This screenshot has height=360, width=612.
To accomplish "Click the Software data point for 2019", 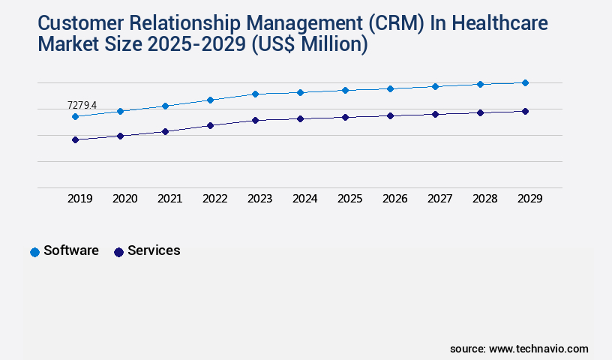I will (75, 116).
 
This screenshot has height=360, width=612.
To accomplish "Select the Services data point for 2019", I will (75, 139).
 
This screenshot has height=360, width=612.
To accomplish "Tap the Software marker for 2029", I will (525, 82).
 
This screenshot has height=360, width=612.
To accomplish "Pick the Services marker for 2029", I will (525, 111).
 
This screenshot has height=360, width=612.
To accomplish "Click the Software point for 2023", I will (255, 94).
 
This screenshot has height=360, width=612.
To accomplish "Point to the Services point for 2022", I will (210, 125).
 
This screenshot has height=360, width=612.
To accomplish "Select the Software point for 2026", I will (390, 88).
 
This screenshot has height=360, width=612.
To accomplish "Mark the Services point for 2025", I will (345, 117).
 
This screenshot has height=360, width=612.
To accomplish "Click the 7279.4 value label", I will (82, 105).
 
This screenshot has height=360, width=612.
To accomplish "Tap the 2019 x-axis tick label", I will (80, 199).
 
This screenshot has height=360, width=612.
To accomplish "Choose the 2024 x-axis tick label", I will (305, 199).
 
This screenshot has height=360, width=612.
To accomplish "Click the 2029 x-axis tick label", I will (530, 199).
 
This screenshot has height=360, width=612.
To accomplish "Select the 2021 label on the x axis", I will (170, 199).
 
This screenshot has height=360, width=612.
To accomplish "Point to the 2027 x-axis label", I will (440, 199).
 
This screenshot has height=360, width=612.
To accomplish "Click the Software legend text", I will (71, 250).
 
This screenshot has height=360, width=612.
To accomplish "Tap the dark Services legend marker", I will (118, 252).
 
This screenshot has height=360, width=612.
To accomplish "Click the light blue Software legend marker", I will (34, 252).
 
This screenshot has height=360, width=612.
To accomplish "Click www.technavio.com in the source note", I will (538, 349).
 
